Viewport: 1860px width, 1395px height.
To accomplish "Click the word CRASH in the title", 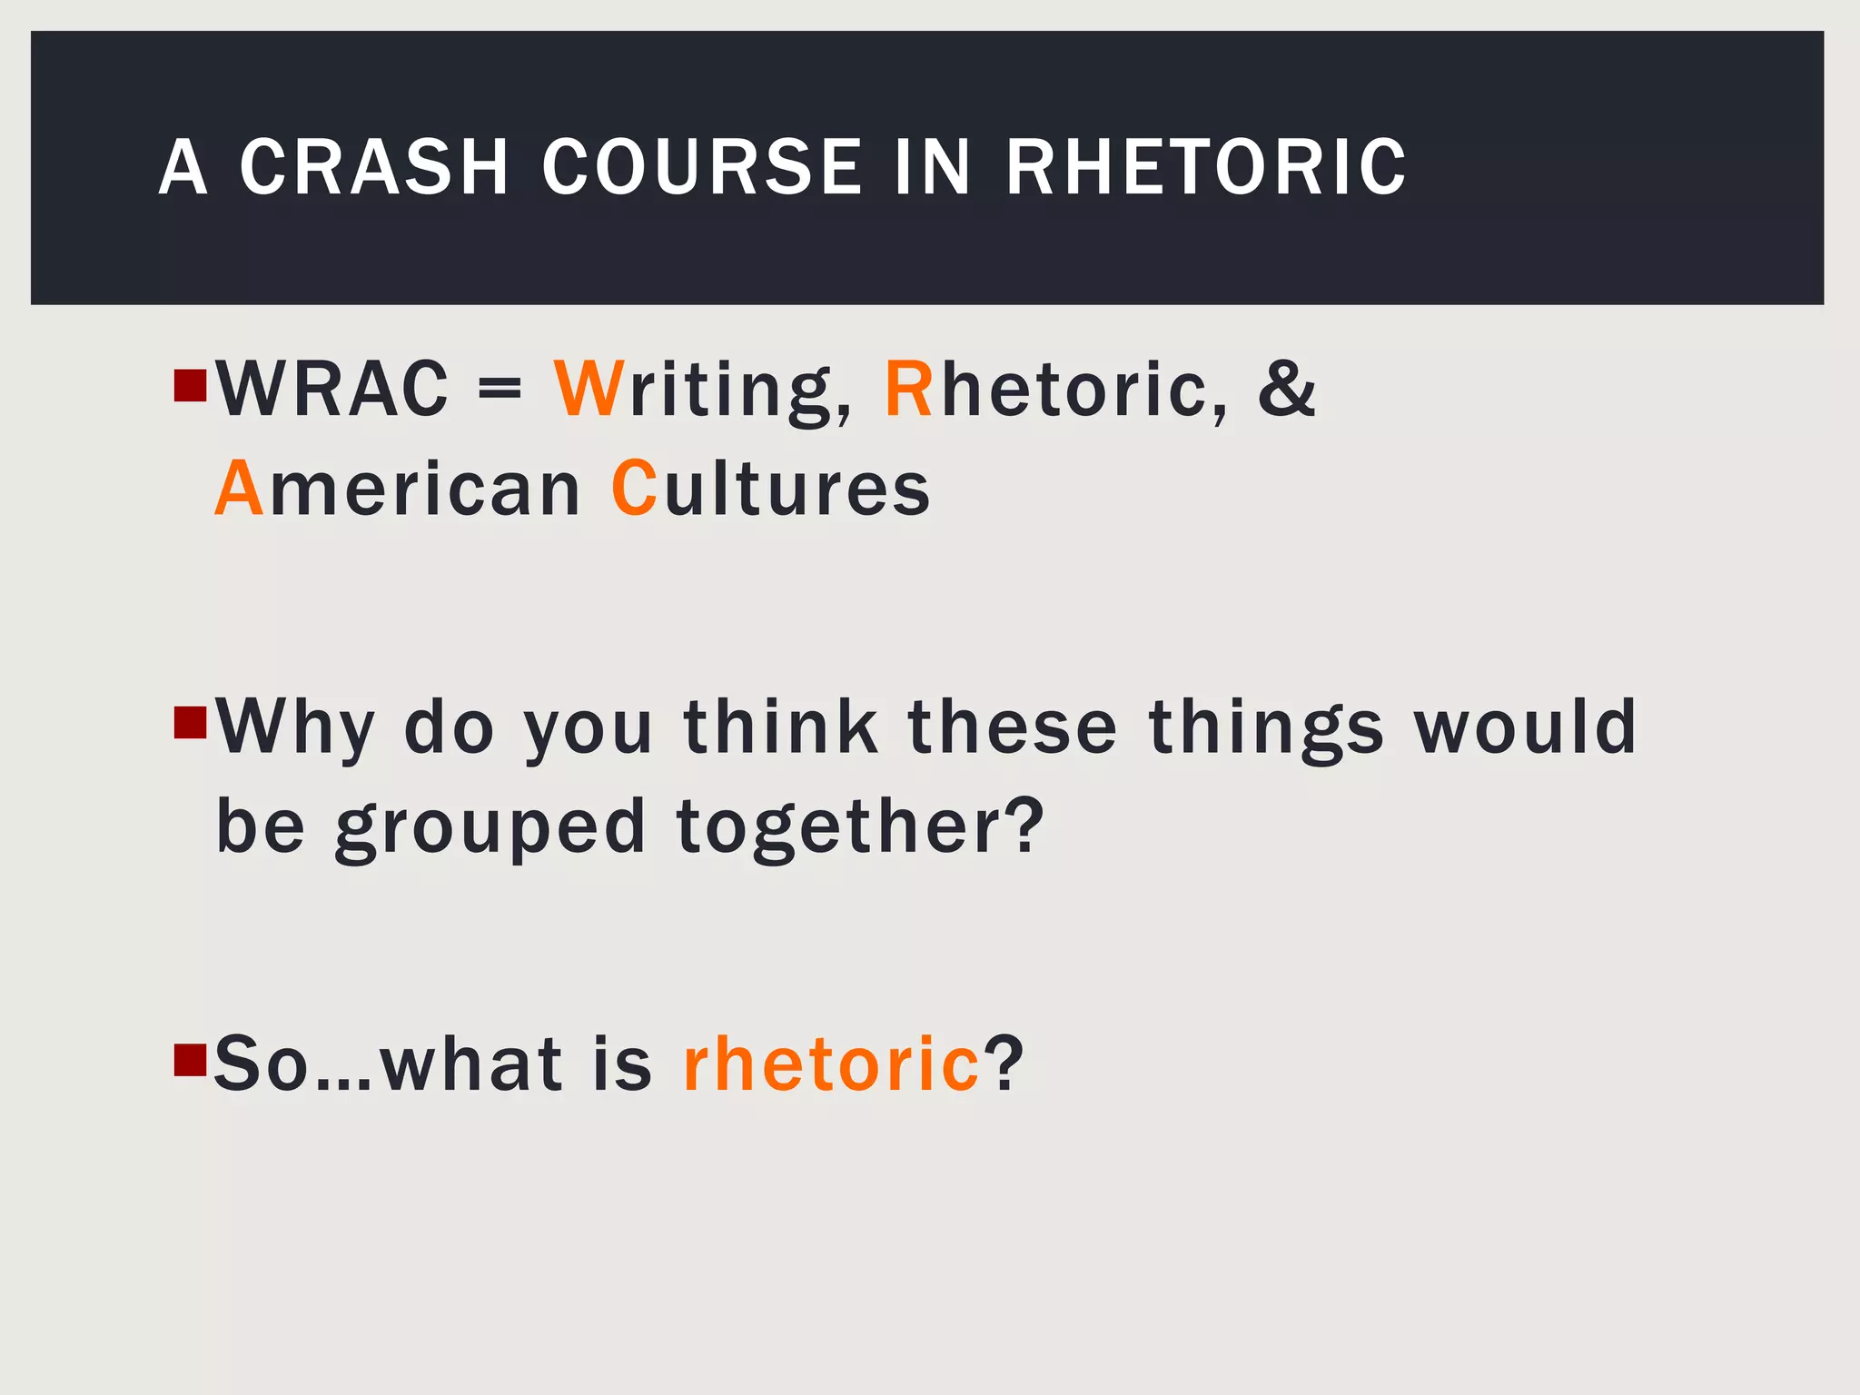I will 373,167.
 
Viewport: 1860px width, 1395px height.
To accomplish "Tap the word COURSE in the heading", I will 701,167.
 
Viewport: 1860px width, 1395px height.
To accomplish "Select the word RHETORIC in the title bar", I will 1206,167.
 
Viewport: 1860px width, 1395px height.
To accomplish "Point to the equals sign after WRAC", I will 500,391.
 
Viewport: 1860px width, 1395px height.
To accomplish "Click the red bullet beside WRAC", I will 190,385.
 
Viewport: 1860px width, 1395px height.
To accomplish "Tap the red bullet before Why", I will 190,723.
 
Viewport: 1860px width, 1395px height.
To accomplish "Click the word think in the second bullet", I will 781,727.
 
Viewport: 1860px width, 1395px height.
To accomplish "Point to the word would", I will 1525,727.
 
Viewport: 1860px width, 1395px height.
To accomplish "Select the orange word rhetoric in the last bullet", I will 831,1064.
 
